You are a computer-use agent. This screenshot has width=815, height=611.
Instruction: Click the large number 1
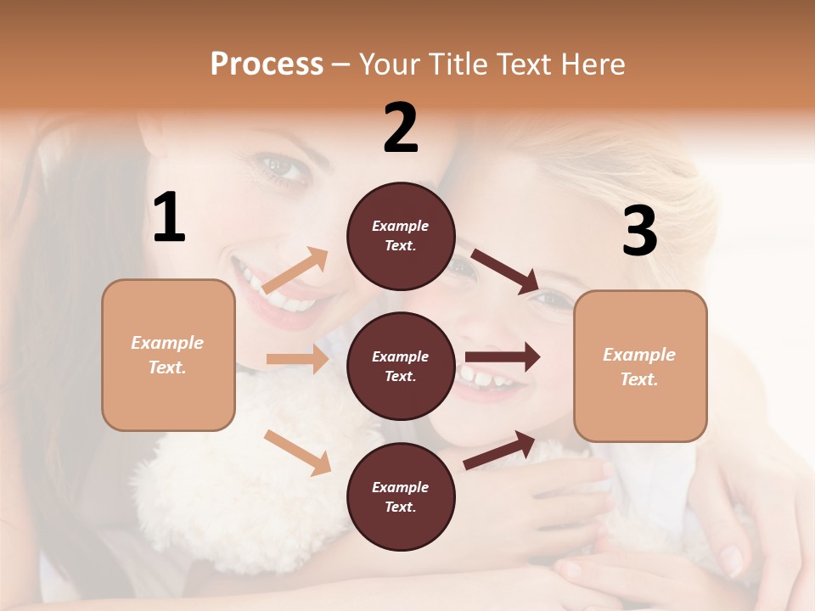click(169, 218)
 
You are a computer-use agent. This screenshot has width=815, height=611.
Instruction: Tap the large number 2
click(401, 128)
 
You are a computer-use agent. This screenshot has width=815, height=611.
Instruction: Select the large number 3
click(639, 232)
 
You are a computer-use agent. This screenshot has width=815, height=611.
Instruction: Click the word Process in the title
click(267, 64)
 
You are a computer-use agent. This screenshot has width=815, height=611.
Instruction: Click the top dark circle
click(401, 236)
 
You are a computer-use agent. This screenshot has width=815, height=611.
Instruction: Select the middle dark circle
click(401, 366)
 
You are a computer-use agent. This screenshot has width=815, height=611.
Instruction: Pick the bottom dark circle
click(401, 496)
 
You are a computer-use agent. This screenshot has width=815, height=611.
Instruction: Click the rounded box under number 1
click(168, 355)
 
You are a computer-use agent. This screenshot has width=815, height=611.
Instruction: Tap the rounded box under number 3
click(640, 366)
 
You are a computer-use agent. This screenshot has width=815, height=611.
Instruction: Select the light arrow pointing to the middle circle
click(297, 359)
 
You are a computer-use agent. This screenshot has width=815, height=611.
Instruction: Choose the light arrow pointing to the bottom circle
click(297, 451)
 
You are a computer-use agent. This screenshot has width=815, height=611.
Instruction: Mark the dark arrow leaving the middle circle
click(503, 357)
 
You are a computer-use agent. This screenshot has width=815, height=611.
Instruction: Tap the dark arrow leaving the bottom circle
click(499, 450)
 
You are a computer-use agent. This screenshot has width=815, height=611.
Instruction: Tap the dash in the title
click(341, 64)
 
